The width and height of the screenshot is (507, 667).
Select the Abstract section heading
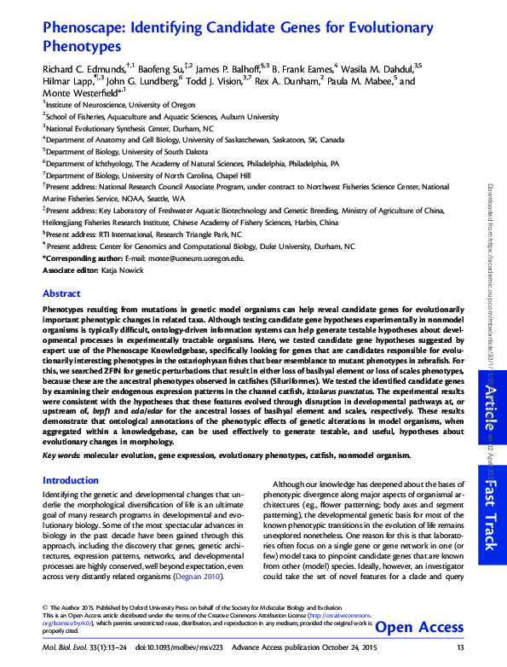point(61,293)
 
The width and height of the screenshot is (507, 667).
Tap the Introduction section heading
point(71,481)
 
